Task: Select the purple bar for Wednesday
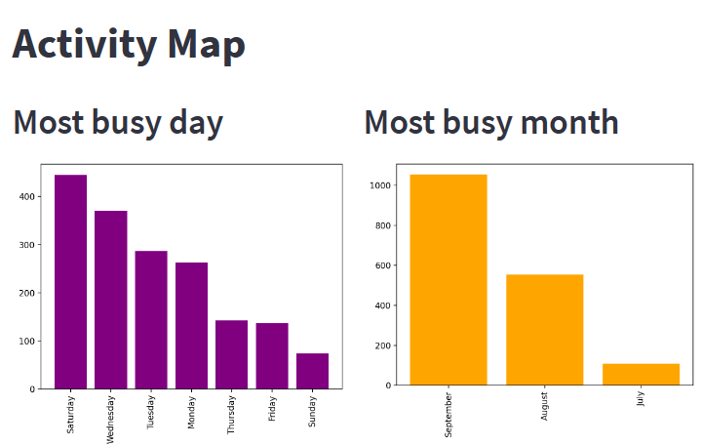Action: [110, 300]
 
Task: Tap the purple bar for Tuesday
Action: [151, 319]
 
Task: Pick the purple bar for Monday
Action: [191, 325]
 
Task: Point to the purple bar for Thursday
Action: [231, 354]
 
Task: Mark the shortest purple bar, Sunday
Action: [312, 371]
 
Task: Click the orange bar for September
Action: [448, 279]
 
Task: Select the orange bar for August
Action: [544, 330]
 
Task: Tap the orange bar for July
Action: [641, 374]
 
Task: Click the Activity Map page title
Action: [129, 45]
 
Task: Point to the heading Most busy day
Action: [118, 123]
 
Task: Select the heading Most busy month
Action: [491, 123]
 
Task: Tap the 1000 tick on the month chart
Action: [380, 185]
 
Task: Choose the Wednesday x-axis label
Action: [110, 419]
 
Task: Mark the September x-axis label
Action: [448, 415]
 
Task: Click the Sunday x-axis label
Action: [312, 413]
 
